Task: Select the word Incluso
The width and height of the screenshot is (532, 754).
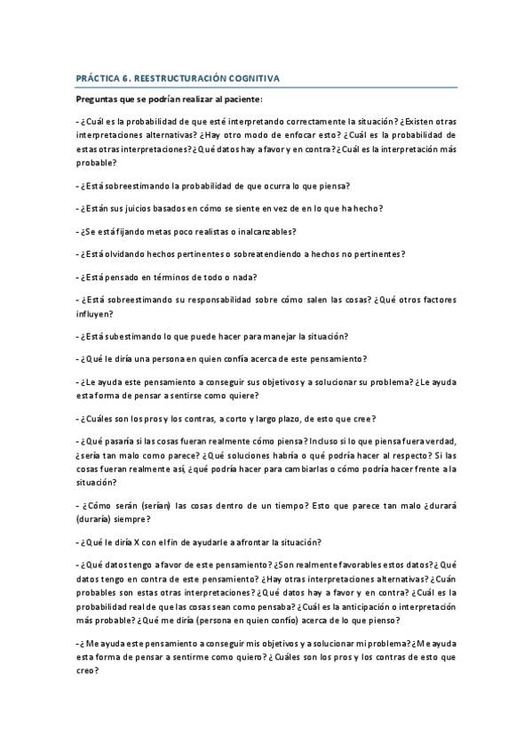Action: coord(330,441)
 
